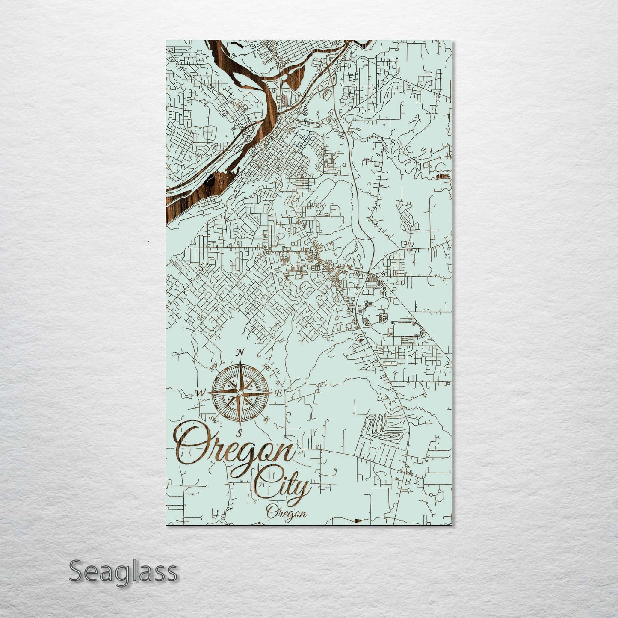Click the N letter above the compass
(240, 352)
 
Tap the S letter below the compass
(240, 431)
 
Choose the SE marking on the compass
(267, 420)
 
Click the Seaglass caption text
(123, 571)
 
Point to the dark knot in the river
(210, 182)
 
